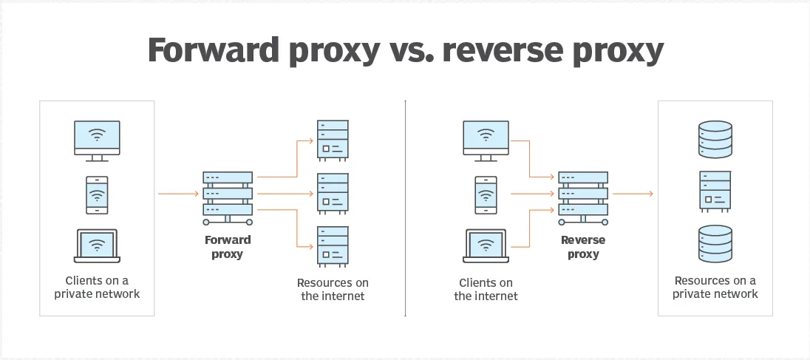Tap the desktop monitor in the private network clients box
pos(97,140)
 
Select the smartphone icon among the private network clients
pos(97,194)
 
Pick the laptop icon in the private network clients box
pos(97,245)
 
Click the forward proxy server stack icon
pos(228,198)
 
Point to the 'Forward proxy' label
pos(228,247)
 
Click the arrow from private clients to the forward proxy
pos(178,194)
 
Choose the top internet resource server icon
pos(333,140)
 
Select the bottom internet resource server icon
pos(333,246)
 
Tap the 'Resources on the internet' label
pos(333,289)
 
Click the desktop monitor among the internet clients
pos(486,140)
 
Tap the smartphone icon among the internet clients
pos(486,194)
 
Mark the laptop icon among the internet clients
pos(486,245)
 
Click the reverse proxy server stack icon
pos(583,198)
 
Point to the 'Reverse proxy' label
pos(583,247)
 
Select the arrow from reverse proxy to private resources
pos(633,194)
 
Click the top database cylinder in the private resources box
pos(715,140)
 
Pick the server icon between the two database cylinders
pos(715,191)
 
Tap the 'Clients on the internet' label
pos(486,289)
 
